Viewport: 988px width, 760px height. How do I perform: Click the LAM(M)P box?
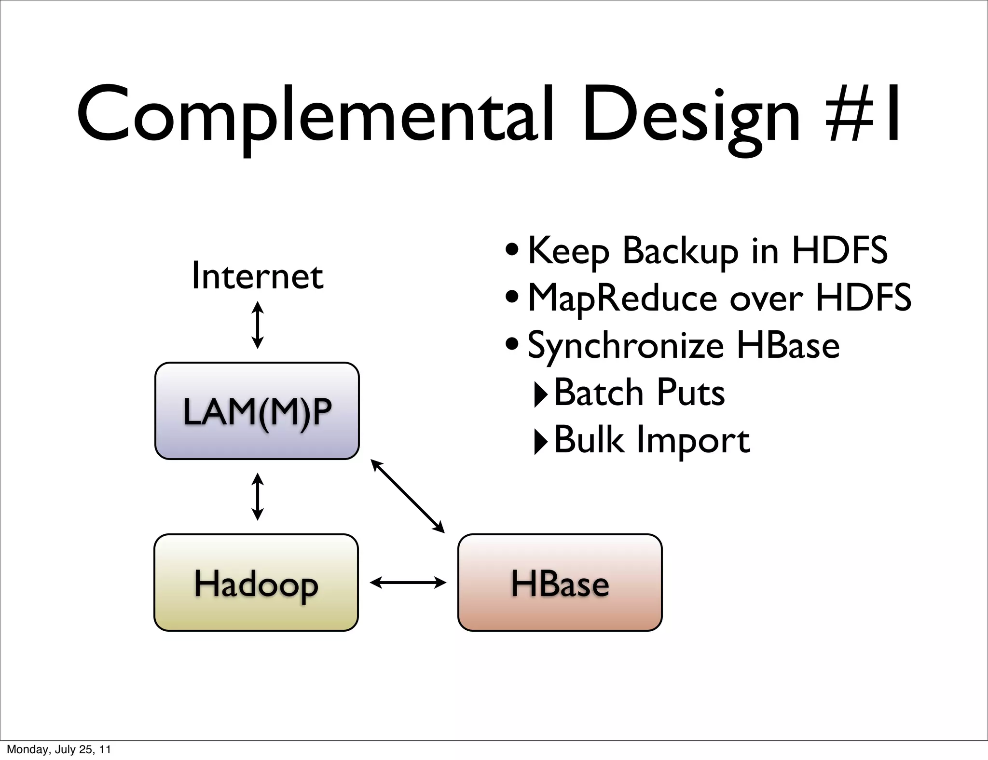[x=257, y=411]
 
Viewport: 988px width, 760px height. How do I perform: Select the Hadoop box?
[x=256, y=583]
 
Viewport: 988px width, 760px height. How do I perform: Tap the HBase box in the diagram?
[x=560, y=583]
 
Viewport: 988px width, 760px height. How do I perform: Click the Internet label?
[x=257, y=276]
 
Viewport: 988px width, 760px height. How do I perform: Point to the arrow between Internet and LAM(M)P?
[x=258, y=325]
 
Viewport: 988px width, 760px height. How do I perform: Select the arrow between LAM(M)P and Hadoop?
[x=258, y=497]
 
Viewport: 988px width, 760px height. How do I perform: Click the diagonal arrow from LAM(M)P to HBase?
[x=408, y=496]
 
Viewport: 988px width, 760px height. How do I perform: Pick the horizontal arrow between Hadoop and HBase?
[x=408, y=583]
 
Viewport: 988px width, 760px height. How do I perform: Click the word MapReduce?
[x=622, y=298]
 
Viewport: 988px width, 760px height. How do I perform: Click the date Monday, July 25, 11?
[x=59, y=749]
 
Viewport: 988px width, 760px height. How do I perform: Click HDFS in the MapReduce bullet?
[x=863, y=298]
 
